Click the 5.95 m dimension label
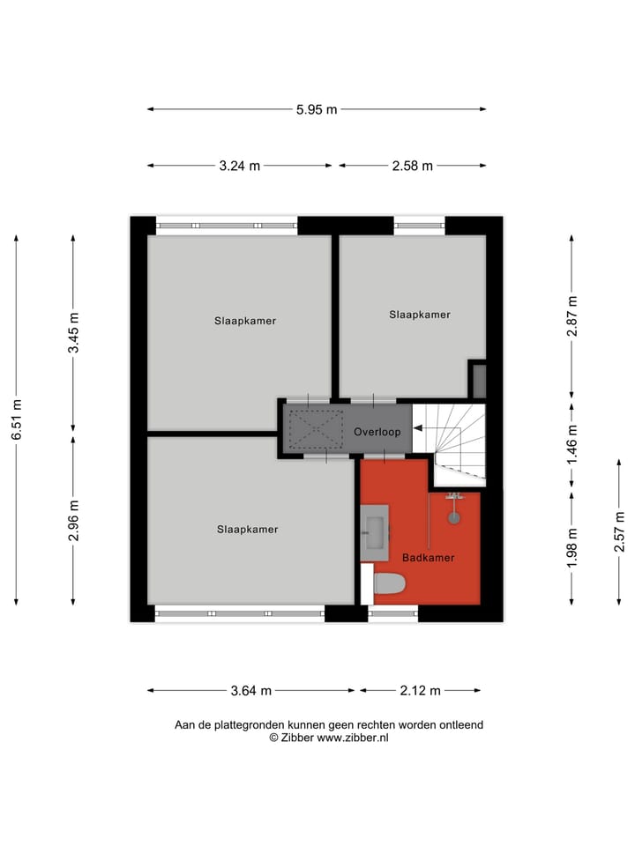317,109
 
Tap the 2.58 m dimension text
412,166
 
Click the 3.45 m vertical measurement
74,333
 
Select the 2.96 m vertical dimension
74,520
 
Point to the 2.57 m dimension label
620,531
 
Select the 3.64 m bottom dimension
251,691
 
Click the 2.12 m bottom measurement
420,691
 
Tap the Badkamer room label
428,558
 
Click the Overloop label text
377,432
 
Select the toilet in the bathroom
388,583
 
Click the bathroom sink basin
374,531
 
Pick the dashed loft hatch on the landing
316,430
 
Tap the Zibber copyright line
329,738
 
